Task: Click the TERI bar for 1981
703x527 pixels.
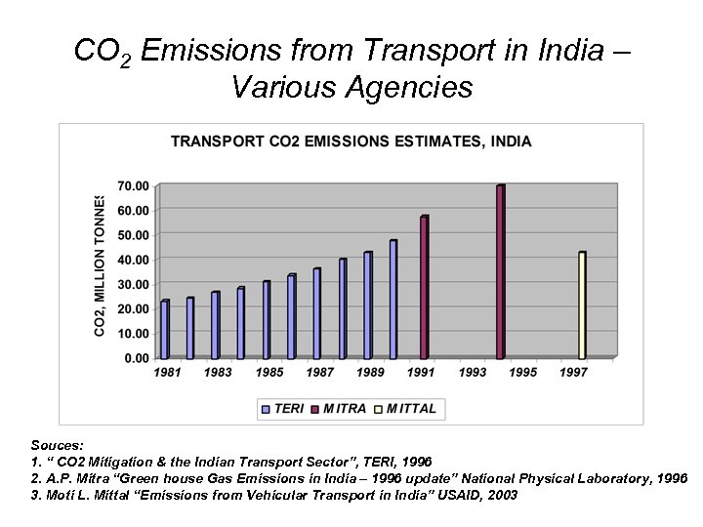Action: [x=165, y=330]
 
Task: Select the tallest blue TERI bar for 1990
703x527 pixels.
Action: [x=393, y=300]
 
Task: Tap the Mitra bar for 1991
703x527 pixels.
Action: [x=424, y=288]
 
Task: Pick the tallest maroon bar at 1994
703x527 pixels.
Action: [x=500, y=272]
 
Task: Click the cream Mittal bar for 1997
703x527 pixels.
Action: [x=582, y=305]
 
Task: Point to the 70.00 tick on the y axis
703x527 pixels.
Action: [x=134, y=185]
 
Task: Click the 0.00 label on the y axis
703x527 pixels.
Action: [x=137, y=358]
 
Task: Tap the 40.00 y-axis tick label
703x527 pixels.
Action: [x=134, y=260]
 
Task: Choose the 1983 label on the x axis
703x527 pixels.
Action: [x=219, y=373]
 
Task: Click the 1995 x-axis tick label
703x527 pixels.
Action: [x=522, y=373]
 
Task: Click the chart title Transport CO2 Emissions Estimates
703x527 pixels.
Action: [x=351, y=142]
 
